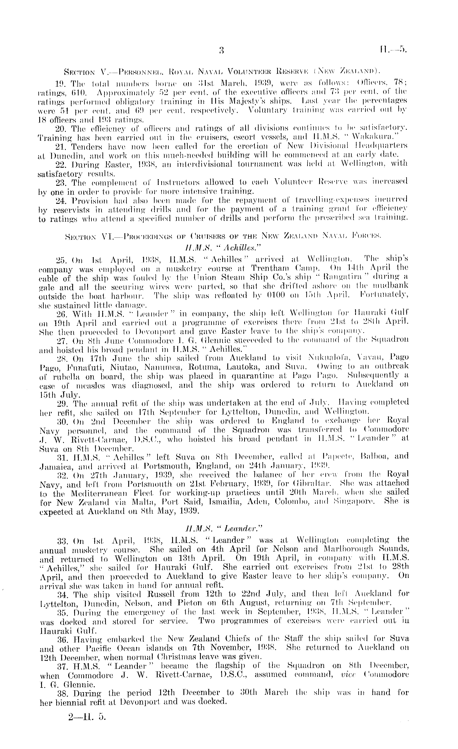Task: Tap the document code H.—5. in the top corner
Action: [393, 49]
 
